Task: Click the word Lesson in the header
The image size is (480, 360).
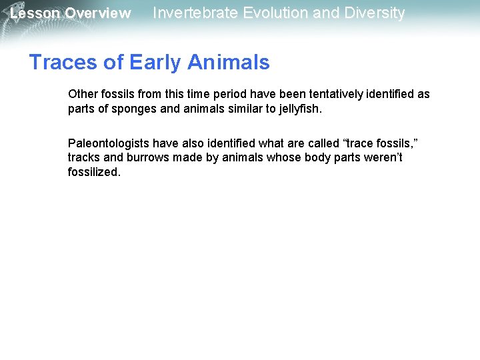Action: tap(35, 13)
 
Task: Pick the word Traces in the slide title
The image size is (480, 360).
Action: tap(59, 62)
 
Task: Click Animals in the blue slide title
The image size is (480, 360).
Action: tap(229, 62)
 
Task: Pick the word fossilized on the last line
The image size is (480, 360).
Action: tap(94, 172)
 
